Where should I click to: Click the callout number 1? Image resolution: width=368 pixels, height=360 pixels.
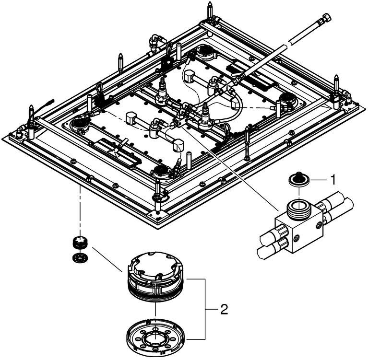pyautogui.click(x=332, y=180)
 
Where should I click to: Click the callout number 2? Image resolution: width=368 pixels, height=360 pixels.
pyautogui.click(x=224, y=310)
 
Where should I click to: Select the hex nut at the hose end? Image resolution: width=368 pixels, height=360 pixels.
pyautogui.click(x=326, y=18)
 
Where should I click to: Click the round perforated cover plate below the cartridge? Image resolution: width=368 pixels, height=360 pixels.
pyautogui.click(x=155, y=335)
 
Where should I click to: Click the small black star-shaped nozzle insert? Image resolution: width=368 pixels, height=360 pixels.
pyautogui.click(x=80, y=243)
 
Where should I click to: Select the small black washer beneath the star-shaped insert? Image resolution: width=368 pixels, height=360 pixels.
pyautogui.click(x=80, y=258)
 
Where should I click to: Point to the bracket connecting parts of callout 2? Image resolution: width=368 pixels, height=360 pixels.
pyautogui.click(x=205, y=309)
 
